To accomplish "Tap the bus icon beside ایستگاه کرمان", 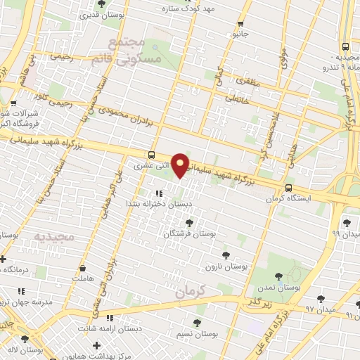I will (x=289, y=188).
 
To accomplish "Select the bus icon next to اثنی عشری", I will (x=153, y=155).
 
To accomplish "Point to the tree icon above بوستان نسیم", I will (x=198, y=323).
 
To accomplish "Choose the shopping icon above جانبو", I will (x=238, y=21).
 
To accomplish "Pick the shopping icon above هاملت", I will (x=83, y=268).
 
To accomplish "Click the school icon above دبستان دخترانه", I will (x=159, y=192).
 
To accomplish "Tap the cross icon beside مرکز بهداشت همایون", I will (x=96, y=345).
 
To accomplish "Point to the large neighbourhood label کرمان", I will (x=189, y=290).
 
